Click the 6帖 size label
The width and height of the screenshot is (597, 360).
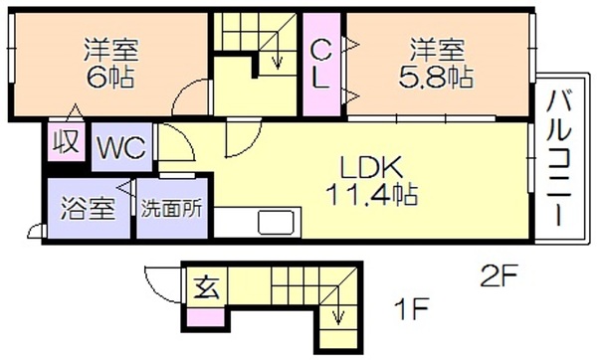coord(110,78)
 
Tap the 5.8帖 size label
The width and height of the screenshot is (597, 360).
coord(437,78)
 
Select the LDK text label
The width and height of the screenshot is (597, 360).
coord(371,168)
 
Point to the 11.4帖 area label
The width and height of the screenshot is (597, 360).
coord(371,194)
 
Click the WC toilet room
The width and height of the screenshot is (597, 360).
coord(121,147)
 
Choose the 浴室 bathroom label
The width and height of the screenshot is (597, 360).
coord(88,209)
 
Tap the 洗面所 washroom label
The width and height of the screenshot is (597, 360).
coord(172,209)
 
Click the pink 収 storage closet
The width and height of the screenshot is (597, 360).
coord(66,141)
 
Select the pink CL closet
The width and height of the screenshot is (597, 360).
coord(321,64)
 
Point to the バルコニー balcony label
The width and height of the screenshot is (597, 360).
coord(559,157)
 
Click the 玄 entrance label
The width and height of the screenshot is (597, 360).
coord(206,288)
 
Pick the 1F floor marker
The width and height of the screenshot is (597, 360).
coord(411,308)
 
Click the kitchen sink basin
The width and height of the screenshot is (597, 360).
coord(276,223)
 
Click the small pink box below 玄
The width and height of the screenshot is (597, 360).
coord(206,317)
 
